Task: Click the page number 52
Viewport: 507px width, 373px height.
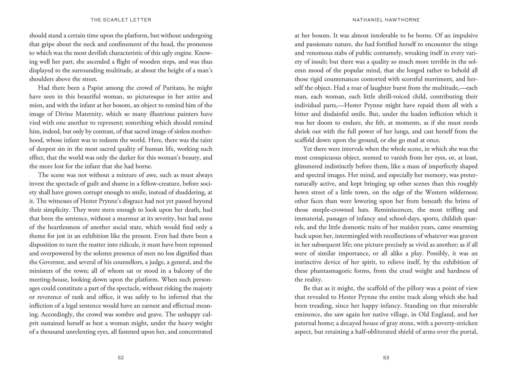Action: [121, 358]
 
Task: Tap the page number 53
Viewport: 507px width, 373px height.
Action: [386, 358]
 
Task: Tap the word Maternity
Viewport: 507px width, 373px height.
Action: [89, 114]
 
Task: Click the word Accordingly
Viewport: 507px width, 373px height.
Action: [57, 314]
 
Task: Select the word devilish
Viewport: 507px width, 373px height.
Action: [102, 53]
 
